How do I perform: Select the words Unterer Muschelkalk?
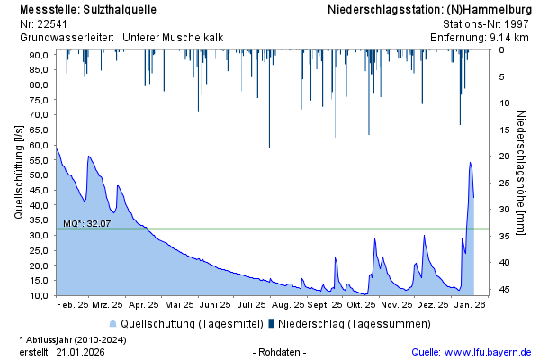pos(173,38)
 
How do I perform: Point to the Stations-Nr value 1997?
pos(517,24)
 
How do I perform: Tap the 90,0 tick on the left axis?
pos(38,55)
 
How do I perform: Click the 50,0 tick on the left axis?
pos(38,175)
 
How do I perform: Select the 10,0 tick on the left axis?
pos(38,295)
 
